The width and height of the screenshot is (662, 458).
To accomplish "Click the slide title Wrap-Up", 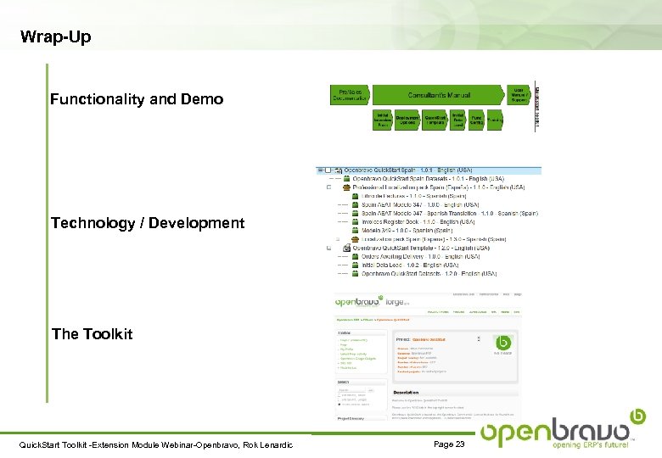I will pos(55,37).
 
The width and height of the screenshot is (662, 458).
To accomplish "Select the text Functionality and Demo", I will pos(137,99).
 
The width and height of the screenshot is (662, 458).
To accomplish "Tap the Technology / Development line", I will pos(148,223).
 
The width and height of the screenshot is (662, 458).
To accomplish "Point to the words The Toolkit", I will pos(92,333).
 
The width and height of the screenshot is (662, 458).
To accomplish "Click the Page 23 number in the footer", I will pos(449,444).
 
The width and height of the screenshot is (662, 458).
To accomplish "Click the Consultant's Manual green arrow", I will pos(440,95).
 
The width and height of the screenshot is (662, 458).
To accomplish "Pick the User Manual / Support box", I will pos(519,95).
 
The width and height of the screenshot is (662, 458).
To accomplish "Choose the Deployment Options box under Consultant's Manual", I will pos(407,120).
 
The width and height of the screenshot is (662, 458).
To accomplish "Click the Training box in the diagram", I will pos(495,120).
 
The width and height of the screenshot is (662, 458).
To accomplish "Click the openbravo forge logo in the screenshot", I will pos(372,301).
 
